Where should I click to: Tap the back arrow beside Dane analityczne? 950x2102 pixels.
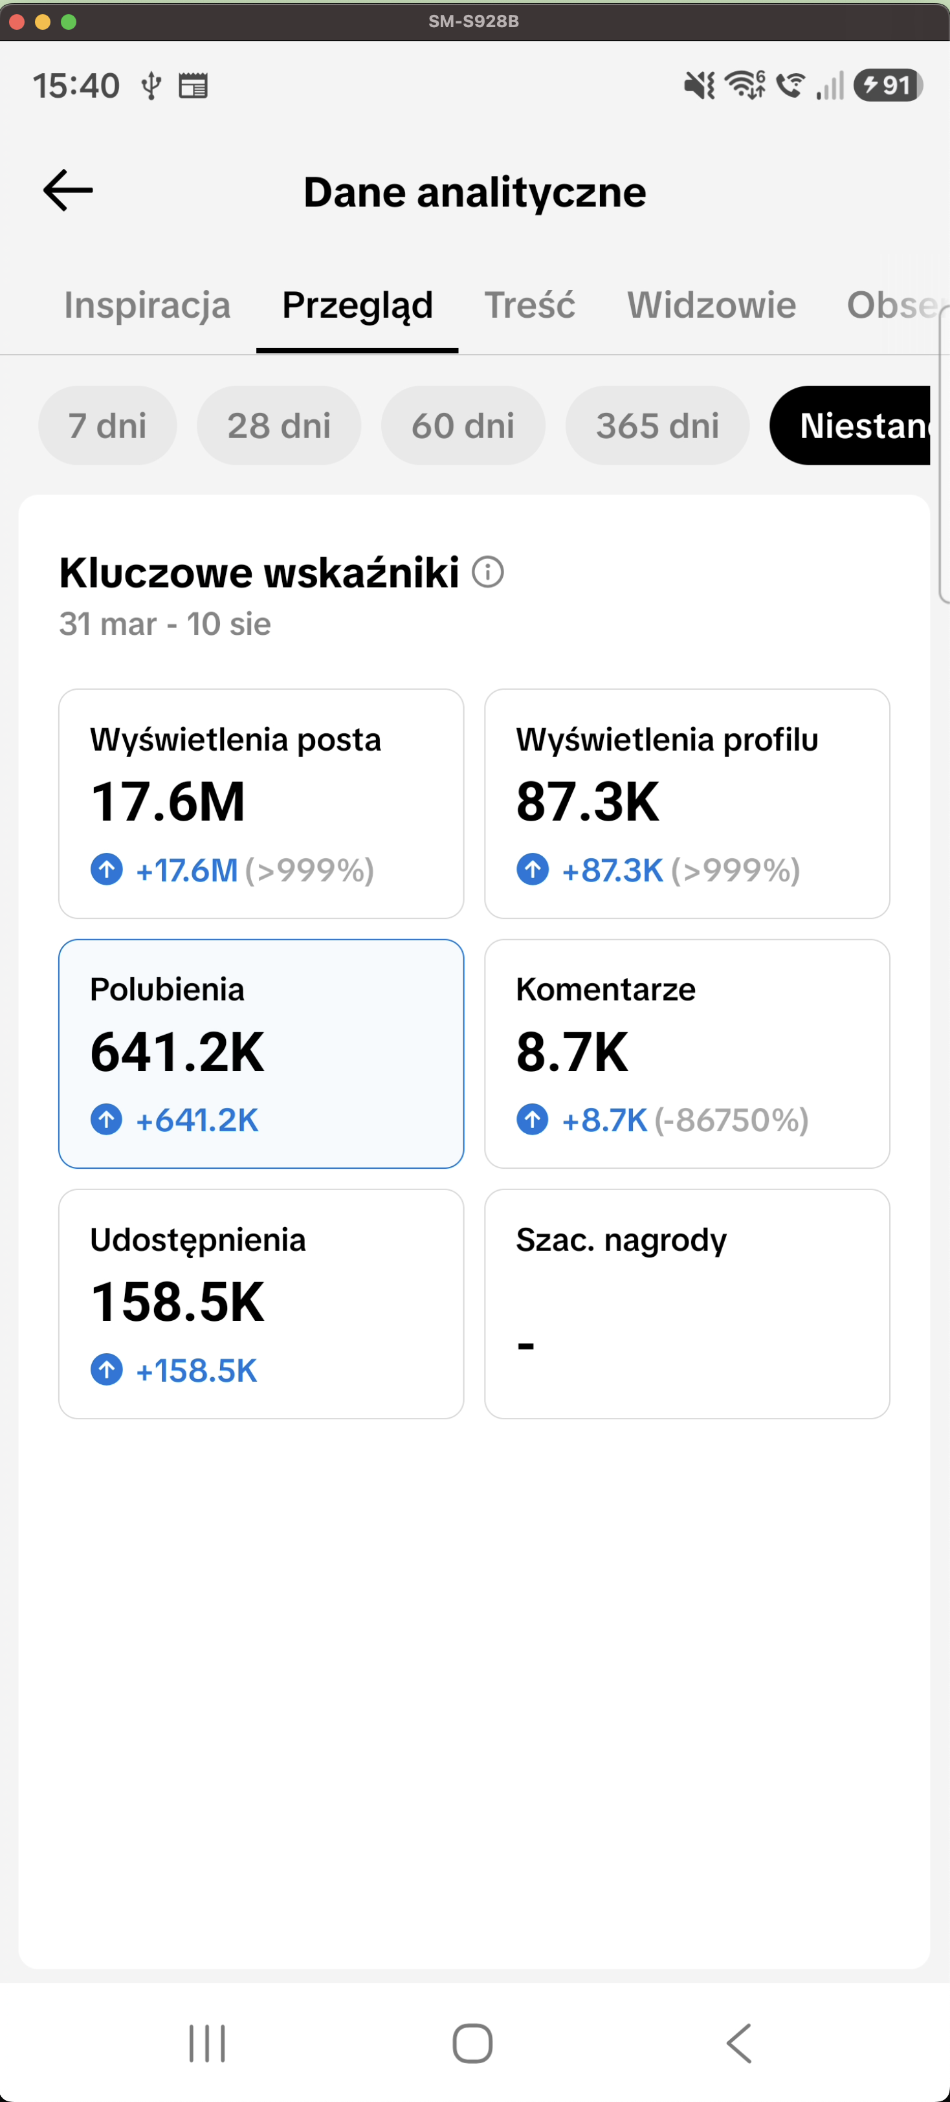68,191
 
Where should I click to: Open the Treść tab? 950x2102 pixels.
529,304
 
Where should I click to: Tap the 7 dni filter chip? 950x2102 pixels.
107,425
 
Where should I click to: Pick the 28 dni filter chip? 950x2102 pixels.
279,425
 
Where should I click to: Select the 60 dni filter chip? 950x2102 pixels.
463,425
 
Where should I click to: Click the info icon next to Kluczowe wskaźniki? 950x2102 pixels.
488,571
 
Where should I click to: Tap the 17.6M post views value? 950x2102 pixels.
168,801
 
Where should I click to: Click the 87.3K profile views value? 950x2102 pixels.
588,801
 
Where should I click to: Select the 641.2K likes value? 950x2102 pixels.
177,1052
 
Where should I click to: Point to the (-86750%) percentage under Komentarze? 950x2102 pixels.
731,1120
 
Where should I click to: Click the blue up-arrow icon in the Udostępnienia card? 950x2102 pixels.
107,1369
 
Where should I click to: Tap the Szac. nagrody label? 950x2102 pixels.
621,1239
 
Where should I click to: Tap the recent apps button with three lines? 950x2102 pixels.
207,2043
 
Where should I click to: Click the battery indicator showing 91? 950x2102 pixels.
889,85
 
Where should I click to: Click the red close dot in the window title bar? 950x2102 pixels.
16,22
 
